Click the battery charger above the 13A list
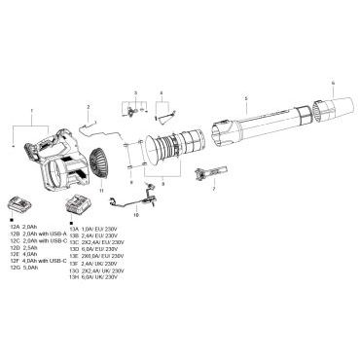pyautogui.click(x=78, y=205)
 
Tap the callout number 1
pyautogui.click(x=31, y=112)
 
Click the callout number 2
pyautogui.click(x=88, y=106)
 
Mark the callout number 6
pyautogui.click(x=332, y=83)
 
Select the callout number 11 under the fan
pyautogui.click(x=102, y=193)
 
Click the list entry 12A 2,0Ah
pyautogui.click(x=21, y=226)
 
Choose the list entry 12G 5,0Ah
pyautogui.click(x=21, y=267)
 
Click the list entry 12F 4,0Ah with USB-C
pyautogui.click(x=35, y=260)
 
